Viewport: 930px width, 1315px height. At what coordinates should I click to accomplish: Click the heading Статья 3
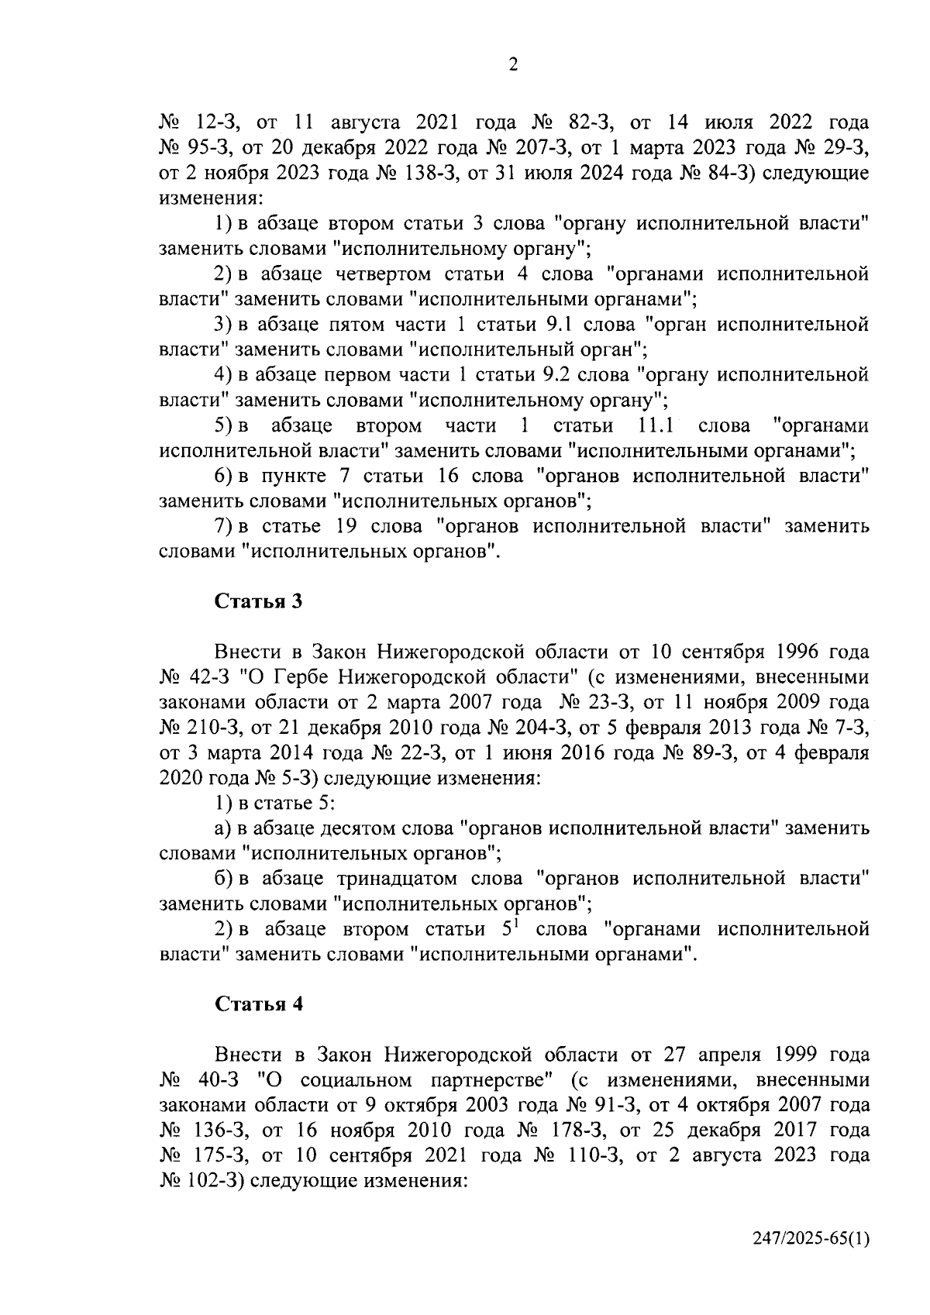(257, 601)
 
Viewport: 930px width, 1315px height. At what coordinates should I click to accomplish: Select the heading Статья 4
(258, 1004)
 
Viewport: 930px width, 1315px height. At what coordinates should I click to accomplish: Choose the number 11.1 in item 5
(654, 425)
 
